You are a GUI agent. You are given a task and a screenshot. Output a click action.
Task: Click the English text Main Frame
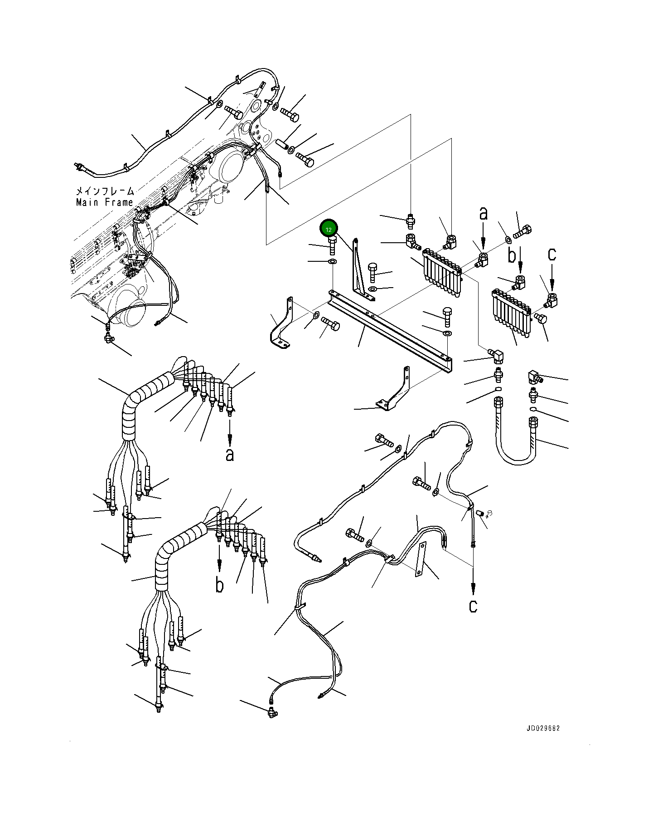pyautogui.click(x=105, y=202)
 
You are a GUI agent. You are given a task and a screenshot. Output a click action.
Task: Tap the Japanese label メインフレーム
pyautogui.click(x=105, y=191)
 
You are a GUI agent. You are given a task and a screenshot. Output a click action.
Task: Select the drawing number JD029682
pyautogui.click(x=543, y=728)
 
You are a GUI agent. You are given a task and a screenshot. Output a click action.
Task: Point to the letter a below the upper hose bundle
pyautogui.click(x=230, y=454)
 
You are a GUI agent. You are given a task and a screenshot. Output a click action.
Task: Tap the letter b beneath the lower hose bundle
pyautogui.click(x=219, y=585)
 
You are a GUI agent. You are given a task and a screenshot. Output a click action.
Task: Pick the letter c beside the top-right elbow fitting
pyautogui.click(x=552, y=254)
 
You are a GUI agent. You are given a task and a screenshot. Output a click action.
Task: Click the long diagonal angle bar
pyautogui.click(x=390, y=332)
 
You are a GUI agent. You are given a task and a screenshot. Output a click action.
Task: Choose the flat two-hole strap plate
pyautogui.click(x=421, y=559)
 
